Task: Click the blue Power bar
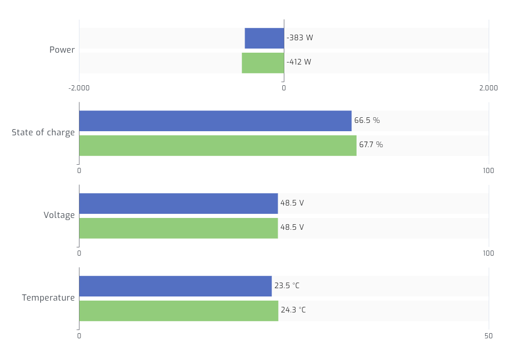264,38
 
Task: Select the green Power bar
263,62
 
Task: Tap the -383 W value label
300,38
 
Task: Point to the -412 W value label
299,62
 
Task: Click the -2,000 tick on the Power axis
79,88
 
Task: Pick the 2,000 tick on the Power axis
488,88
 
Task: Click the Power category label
62,50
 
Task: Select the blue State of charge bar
215,121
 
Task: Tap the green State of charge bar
218,145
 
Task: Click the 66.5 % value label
367,121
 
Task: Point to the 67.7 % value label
371,145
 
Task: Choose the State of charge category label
43,133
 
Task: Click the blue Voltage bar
179,204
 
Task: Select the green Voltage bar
179,228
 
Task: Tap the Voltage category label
59,215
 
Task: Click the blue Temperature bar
175,286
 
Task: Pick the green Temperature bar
179,310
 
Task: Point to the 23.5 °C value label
287,286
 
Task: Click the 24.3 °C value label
293,310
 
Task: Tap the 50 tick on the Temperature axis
488,336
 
